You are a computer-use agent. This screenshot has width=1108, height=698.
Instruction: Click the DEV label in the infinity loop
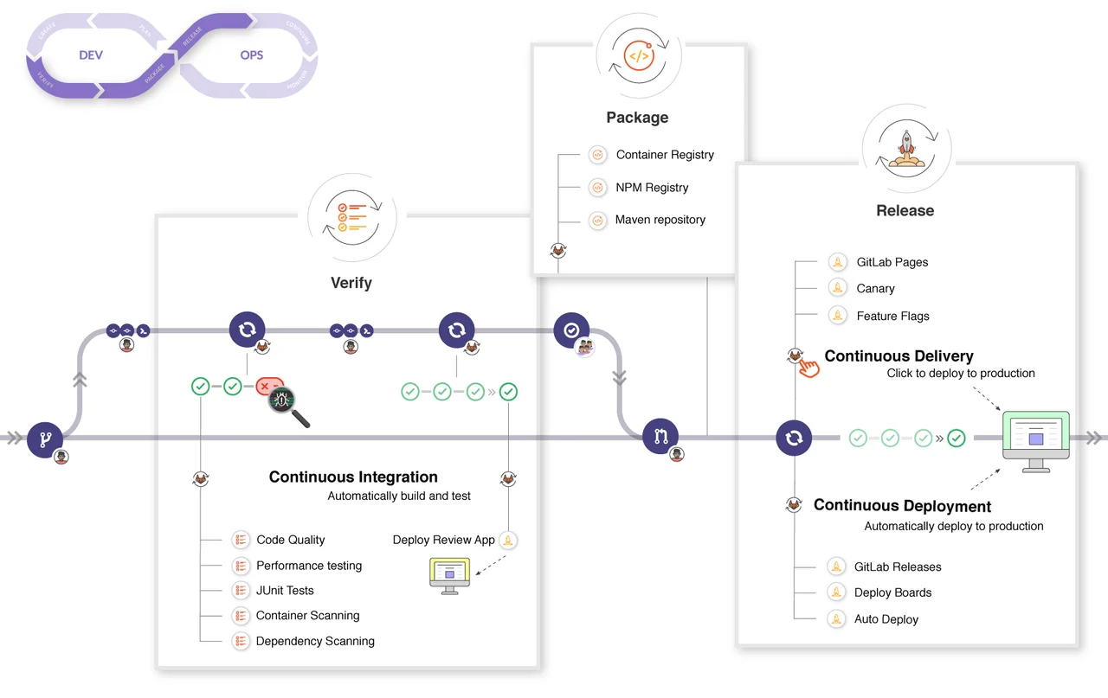point(91,54)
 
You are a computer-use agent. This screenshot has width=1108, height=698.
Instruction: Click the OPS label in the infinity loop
point(251,54)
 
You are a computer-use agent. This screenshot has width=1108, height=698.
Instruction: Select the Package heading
point(637,118)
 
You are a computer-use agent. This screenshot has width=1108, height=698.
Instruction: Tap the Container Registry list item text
point(665,155)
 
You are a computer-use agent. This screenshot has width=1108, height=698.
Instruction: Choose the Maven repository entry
point(660,220)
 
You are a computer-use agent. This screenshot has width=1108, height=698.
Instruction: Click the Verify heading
point(351,283)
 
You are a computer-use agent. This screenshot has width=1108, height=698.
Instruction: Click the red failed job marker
point(269,386)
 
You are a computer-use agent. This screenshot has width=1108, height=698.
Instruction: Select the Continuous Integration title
point(353,477)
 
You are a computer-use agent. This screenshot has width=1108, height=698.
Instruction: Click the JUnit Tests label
point(285,591)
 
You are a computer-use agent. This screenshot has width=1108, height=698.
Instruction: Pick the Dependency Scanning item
point(315,642)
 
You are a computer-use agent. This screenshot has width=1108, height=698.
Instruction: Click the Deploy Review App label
point(443,540)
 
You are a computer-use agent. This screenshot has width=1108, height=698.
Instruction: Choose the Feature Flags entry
point(892,317)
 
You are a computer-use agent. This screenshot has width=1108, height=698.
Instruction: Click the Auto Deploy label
point(886,619)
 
